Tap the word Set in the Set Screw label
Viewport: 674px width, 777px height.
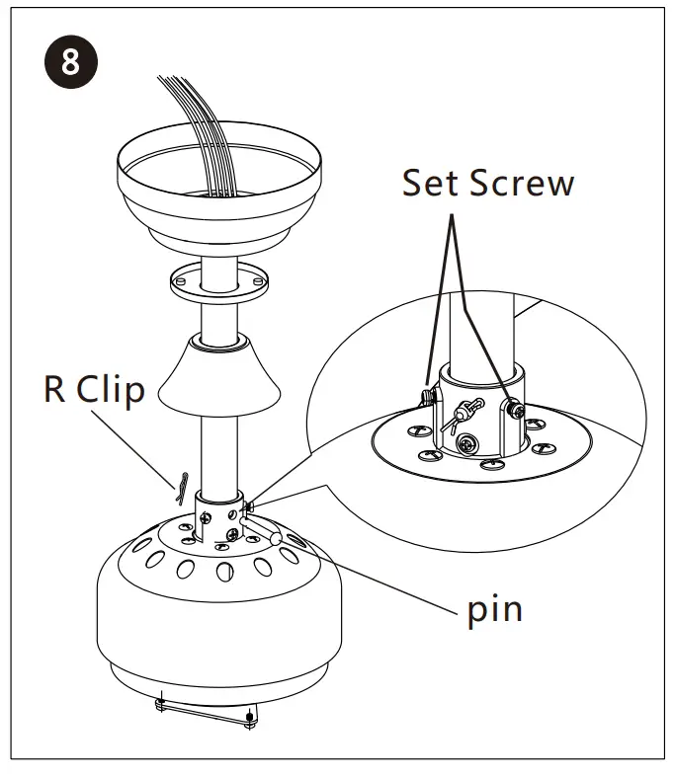(x=433, y=184)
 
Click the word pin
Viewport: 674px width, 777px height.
(x=494, y=608)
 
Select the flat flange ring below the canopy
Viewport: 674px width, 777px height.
(x=216, y=281)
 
